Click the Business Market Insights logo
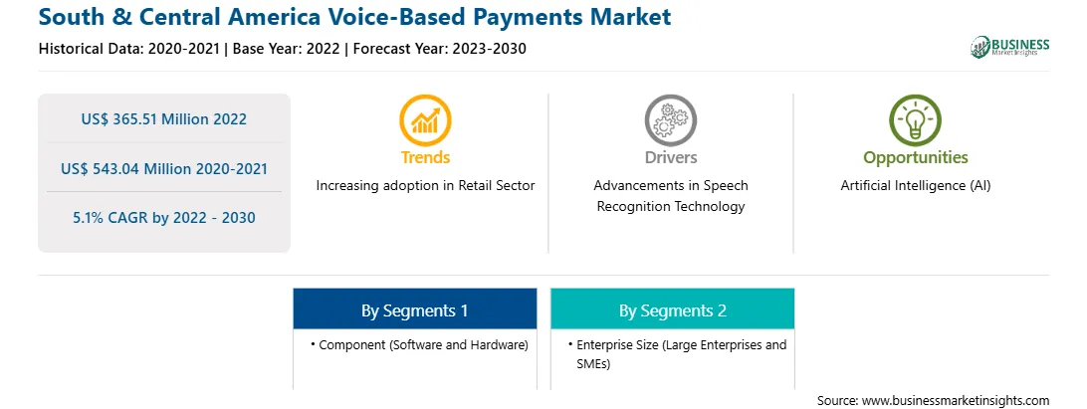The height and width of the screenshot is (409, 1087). tap(1010, 47)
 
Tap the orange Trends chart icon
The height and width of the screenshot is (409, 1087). tap(425, 120)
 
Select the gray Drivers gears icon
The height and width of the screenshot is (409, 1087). tap(670, 120)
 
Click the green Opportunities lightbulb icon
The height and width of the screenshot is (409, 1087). tap(915, 120)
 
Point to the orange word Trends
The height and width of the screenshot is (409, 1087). tap(425, 157)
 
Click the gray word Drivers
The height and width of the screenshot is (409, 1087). tap(670, 157)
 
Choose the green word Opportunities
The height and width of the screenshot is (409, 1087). tap(915, 158)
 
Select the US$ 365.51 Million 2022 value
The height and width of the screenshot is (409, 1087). tap(163, 119)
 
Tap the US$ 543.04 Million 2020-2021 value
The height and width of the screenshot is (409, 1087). tap(163, 168)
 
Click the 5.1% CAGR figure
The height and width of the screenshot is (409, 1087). tap(163, 218)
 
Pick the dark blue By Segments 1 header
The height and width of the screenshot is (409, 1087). tap(414, 309)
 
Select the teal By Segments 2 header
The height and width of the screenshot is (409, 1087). tap(673, 309)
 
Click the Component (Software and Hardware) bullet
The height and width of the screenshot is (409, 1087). tap(419, 344)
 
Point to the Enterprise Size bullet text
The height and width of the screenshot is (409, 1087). tap(677, 354)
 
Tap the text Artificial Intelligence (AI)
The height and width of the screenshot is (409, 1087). tap(916, 186)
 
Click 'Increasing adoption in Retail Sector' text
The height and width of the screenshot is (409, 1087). tap(426, 186)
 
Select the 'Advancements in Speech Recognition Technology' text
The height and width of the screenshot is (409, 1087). tap(670, 196)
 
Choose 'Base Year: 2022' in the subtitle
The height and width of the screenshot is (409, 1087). tap(287, 49)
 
